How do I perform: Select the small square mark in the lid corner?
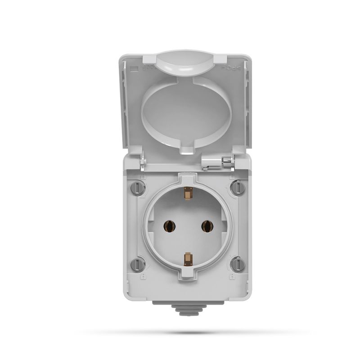point(133,69)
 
